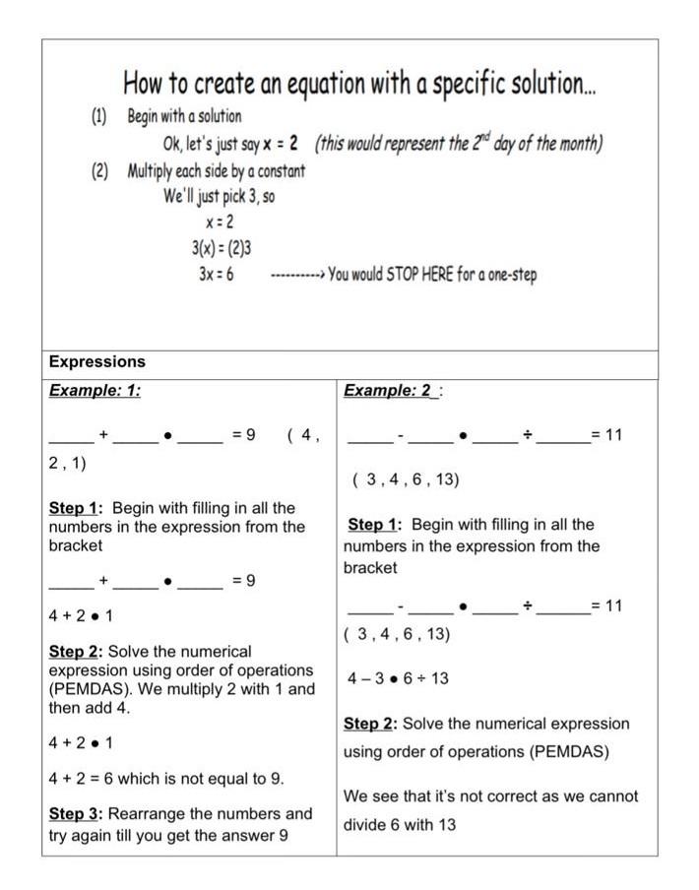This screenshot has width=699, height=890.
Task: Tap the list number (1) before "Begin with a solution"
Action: coord(99,116)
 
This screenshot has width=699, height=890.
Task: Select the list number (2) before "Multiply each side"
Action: coord(99,170)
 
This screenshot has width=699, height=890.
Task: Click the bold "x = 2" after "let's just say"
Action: coord(281,144)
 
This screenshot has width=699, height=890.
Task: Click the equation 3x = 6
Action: coord(216,275)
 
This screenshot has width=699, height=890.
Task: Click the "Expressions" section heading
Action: coord(96,362)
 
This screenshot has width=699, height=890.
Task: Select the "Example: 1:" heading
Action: coord(95,391)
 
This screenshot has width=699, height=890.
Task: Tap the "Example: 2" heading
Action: coord(388,391)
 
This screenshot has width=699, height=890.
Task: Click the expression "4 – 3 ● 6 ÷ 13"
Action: coord(399,678)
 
